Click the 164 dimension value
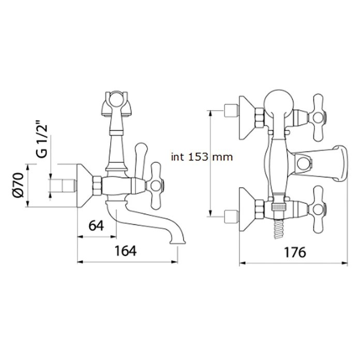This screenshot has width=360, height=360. coord(126,251)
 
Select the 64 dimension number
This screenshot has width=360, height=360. coord(96,226)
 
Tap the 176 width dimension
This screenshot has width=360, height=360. coord(295,252)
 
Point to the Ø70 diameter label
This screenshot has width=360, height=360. coord(19,185)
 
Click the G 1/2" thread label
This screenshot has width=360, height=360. coord(42,141)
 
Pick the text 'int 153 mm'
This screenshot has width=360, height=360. coord(202,157)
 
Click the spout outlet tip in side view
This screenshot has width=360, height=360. coord(177,242)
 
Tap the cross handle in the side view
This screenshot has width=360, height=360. coord(156,186)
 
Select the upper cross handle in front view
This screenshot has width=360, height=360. coord(318,117)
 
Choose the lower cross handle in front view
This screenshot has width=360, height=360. coord(318,209)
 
